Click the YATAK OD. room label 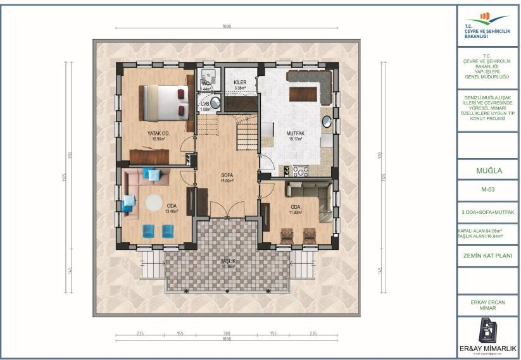point(158,133)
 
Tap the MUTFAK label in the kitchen point(296,133)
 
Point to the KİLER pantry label point(239,83)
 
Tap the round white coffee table point(154,202)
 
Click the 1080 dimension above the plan point(227,27)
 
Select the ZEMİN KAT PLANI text point(488,256)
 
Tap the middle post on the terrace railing point(227,290)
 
